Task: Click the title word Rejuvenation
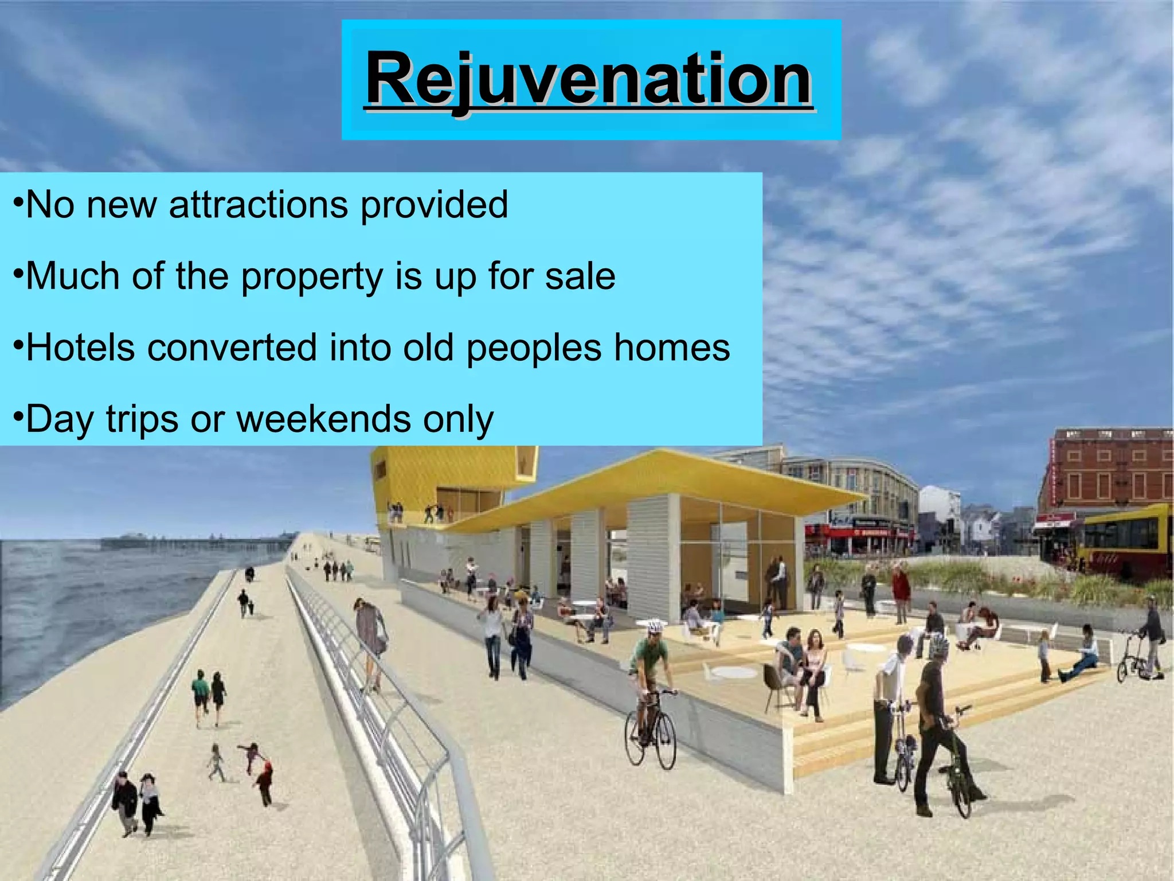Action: (x=589, y=79)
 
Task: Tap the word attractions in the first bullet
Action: (x=258, y=205)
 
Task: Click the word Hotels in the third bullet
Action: (x=80, y=348)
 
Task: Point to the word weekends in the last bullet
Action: (x=323, y=419)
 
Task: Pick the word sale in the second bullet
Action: (x=580, y=276)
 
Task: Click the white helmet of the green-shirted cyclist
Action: (x=655, y=626)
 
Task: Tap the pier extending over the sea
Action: (x=195, y=542)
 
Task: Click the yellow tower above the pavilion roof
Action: (x=453, y=476)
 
